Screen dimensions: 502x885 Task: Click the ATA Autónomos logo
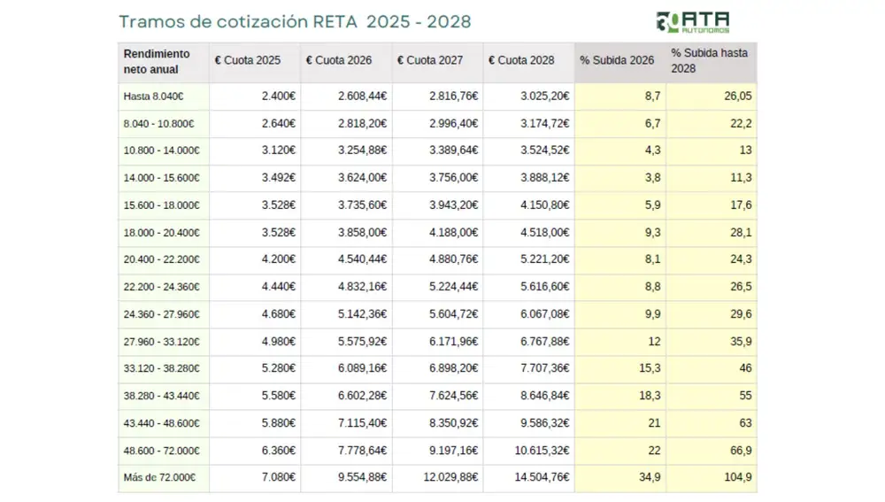click(x=693, y=22)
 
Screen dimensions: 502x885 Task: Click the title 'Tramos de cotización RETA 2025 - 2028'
click(x=295, y=21)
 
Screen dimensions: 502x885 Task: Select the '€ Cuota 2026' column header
click(x=339, y=60)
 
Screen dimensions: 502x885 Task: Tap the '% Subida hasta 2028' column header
click(x=709, y=60)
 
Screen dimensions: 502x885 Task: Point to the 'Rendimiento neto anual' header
click(x=157, y=61)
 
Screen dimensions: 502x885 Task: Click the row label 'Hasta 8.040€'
click(x=153, y=97)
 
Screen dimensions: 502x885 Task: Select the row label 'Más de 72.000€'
click(x=159, y=478)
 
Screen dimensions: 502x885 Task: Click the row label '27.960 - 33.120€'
click(x=161, y=342)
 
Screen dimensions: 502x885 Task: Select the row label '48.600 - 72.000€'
click(x=161, y=451)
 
